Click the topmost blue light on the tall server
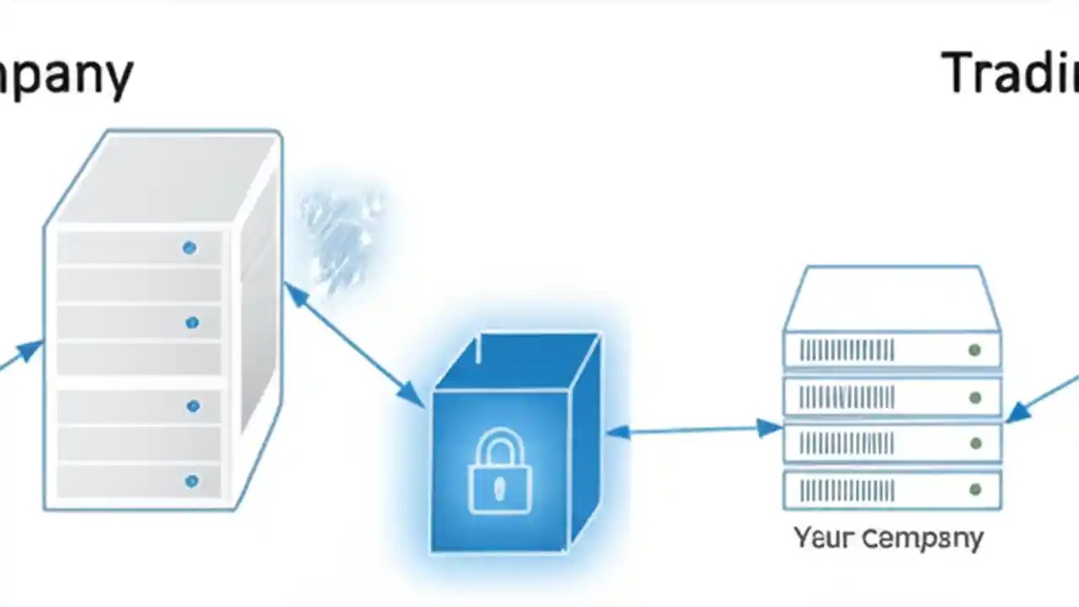click(190, 247)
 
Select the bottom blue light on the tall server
click(191, 481)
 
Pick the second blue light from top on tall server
click(192, 322)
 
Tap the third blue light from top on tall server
click(192, 406)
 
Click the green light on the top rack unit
click(974, 350)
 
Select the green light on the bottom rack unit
click(974, 489)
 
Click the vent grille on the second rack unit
click(846, 397)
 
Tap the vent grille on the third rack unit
click(846, 443)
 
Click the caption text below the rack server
click(888, 538)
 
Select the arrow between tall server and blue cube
click(354, 345)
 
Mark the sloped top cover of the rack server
click(892, 298)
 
